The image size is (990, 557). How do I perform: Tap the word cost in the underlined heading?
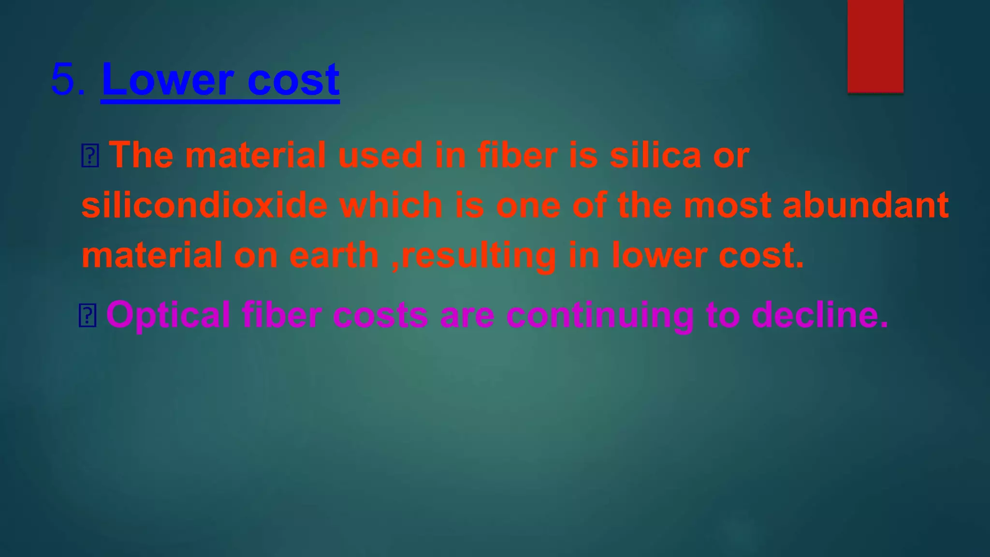click(293, 80)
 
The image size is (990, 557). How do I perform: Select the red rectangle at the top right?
click(875, 46)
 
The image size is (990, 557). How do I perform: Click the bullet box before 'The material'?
click(90, 156)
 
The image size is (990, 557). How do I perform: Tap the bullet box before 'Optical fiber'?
click(87, 316)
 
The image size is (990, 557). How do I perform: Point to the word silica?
click(655, 156)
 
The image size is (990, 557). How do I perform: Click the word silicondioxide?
click(204, 205)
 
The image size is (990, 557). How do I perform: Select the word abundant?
click(865, 205)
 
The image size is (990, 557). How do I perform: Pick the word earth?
click(334, 255)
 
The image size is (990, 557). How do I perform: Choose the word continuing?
click(600, 316)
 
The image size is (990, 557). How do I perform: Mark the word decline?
click(820, 316)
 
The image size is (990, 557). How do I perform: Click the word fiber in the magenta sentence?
click(281, 316)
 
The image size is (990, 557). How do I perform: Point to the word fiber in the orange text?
click(517, 156)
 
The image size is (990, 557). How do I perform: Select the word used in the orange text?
click(380, 156)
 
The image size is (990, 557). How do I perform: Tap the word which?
click(391, 205)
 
